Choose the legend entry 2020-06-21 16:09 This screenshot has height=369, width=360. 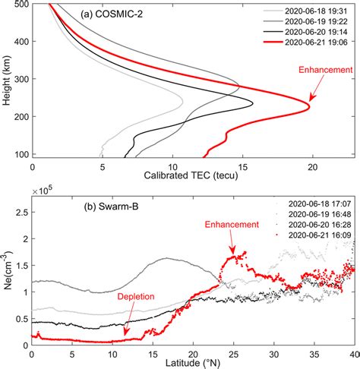[x=313, y=236]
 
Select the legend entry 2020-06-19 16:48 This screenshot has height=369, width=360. [x=313, y=215]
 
